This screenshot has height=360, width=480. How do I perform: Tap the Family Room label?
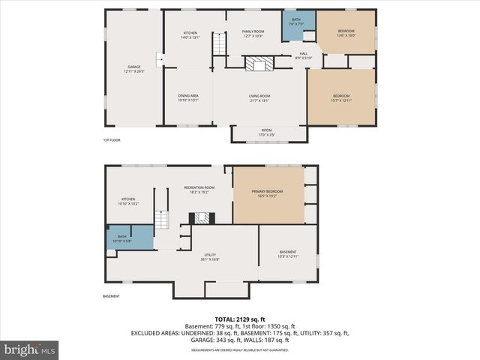coord(252,34)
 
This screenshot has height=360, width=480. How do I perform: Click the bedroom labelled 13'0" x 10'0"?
coord(346,32)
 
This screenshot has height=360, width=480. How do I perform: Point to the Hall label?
coord(304,55)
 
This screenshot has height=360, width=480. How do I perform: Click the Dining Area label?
coord(188,97)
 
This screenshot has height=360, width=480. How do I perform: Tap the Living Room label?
coord(259,97)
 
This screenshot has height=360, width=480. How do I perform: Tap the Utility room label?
coord(211,256)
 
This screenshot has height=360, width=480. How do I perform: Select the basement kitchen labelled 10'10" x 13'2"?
coord(128,201)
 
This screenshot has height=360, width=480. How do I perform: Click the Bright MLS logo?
coord(29,349)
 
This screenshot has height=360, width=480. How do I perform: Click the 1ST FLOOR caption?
coord(112,140)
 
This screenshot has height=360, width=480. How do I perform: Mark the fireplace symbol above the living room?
coord(259,64)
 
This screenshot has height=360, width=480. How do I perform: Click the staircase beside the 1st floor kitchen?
coord(219,43)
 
